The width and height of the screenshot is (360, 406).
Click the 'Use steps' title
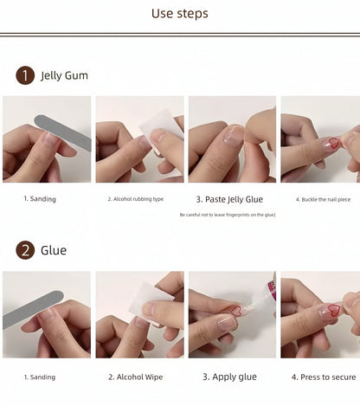click(x=180, y=14)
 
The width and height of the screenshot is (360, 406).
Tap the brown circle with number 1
click(x=25, y=75)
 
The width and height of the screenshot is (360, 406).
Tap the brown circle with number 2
click(x=25, y=250)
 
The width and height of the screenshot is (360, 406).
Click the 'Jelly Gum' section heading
click(x=64, y=75)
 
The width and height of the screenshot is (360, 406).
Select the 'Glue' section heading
click(x=54, y=250)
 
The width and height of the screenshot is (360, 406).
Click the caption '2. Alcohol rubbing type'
click(x=136, y=199)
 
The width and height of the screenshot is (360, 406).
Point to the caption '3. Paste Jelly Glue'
click(x=229, y=199)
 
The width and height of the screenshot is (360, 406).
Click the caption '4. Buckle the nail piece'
click(x=323, y=199)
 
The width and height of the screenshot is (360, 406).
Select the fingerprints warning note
click(x=228, y=215)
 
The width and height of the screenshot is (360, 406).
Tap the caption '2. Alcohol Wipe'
click(x=136, y=377)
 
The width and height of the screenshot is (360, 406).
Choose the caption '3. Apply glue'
click(x=229, y=377)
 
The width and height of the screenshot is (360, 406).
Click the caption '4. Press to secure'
click(x=324, y=377)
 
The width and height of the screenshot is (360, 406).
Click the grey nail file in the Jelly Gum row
click(x=63, y=132)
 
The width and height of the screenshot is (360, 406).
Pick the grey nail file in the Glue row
click(x=33, y=309)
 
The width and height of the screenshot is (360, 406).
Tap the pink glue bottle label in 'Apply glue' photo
click(x=272, y=287)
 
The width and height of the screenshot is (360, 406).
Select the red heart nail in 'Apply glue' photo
click(x=237, y=311)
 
